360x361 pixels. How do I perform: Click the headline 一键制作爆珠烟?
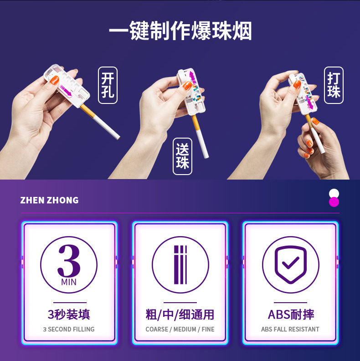tap(180, 32)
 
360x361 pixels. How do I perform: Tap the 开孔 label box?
tap(108, 85)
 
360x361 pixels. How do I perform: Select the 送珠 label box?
tap(182, 156)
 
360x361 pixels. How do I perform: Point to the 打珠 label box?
tap(334, 85)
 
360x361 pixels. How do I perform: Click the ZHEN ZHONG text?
tap(49, 200)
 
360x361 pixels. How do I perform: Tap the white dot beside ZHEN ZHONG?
tap(334, 194)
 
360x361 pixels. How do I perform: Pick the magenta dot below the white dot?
tap(334, 202)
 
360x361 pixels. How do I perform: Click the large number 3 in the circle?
tap(68, 260)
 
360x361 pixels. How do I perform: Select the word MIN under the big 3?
tap(68, 282)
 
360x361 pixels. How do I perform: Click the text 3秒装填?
tap(69, 315)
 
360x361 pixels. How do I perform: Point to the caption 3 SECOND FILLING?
tap(69, 329)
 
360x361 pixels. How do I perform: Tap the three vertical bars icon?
tap(180, 265)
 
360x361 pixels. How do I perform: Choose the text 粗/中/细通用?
tap(180, 315)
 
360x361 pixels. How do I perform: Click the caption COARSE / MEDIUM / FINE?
tap(180, 329)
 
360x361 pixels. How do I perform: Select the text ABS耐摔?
tap(290, 315)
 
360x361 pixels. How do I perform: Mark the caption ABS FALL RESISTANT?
tap(290, 329)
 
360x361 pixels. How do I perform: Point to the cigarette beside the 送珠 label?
tap(201, 139)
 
